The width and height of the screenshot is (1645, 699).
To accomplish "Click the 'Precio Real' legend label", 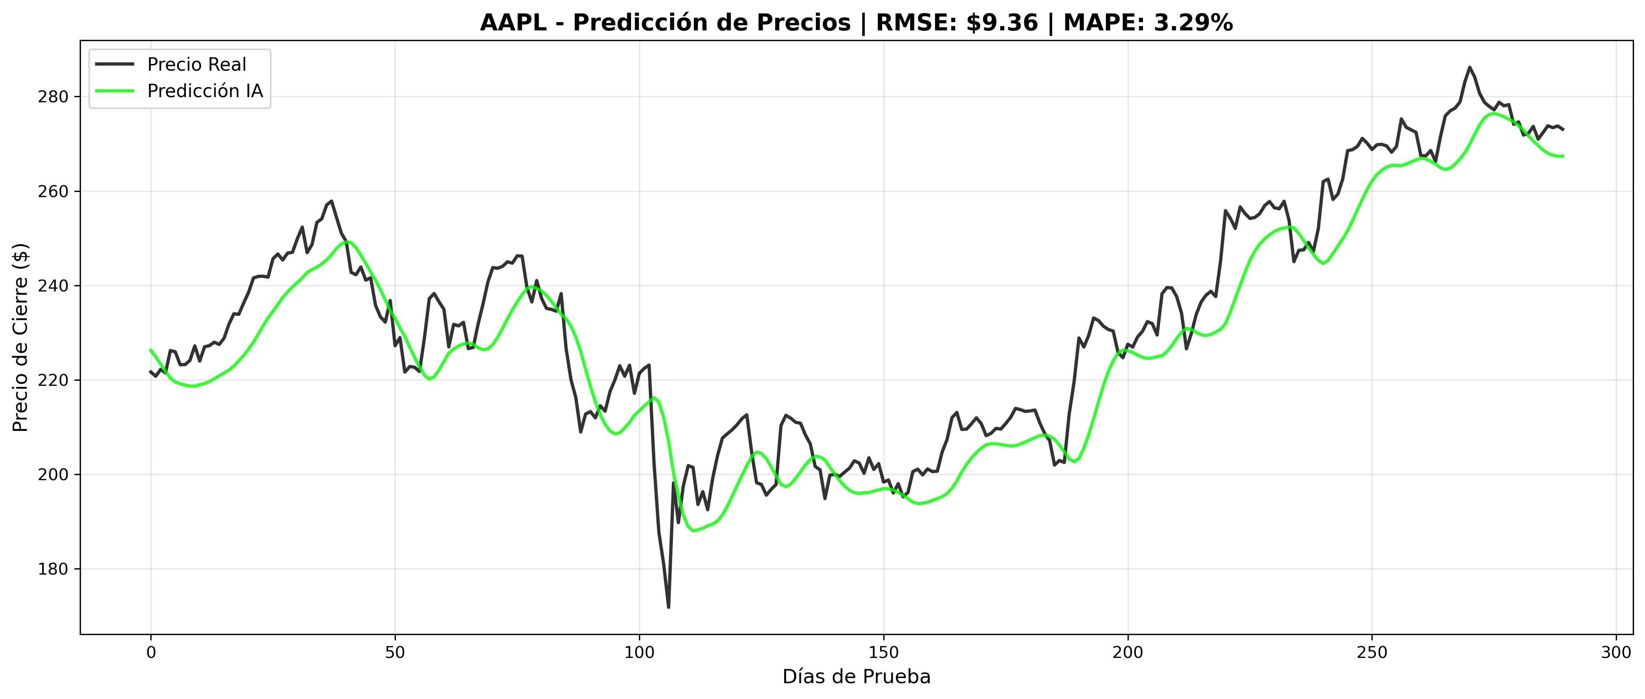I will pyautogui.click(x=196, y=64).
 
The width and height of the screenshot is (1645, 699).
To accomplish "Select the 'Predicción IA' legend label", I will pyautogui.click(x=205, y=91).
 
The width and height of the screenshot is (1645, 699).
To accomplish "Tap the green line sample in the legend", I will pyautogui.click(x=115, y=91).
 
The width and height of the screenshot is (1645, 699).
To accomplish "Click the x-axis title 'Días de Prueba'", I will pyautogui.click(x=856, y=676).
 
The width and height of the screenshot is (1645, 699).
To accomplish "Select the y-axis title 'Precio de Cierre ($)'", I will pyautogui.click(x=21, y=337).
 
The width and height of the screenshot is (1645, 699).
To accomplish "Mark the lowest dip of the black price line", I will pyautogui.click(x=669, y=607).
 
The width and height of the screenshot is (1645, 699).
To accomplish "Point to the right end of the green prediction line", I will pyautogui.click(x=1563, y=156).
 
